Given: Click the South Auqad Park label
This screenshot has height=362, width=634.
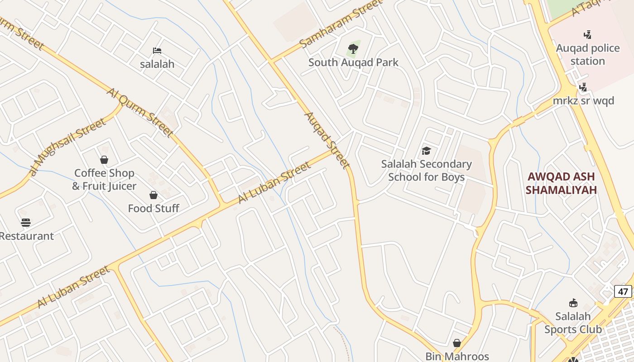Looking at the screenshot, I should coord(353,62).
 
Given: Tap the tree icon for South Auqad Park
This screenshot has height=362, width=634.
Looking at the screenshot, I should coord(353,48).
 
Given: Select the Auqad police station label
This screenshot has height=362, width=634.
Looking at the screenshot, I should coord(588,54).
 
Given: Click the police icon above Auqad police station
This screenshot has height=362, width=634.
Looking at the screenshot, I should coord(587,34).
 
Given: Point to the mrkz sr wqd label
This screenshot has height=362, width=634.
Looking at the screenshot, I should coord(584,100).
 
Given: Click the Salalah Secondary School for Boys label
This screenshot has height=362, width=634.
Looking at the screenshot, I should coord(426,170).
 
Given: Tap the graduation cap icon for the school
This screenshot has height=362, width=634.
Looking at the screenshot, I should coord(426,151).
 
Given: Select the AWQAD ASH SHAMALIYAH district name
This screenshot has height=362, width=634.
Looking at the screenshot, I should coord(561,183).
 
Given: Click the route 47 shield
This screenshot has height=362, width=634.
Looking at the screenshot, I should coord(623,291).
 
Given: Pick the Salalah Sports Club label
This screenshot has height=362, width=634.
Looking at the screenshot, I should coord(573,323).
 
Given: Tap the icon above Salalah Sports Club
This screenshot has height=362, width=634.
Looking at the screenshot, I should coord(573,303).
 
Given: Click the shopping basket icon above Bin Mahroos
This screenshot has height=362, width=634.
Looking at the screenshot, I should coord(457,343).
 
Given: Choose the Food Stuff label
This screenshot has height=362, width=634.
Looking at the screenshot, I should coord(154,209).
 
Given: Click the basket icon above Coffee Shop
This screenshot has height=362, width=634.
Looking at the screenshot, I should coord(104,160).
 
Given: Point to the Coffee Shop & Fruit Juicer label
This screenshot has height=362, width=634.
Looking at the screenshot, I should coord(104,180).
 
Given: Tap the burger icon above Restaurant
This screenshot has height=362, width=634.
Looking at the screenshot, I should coord(26,223).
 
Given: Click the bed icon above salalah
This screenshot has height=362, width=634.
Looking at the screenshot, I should coord(157,51).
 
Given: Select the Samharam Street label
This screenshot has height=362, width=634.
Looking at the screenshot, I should coord(341,24).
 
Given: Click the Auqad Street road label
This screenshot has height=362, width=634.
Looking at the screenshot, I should coord(327,140).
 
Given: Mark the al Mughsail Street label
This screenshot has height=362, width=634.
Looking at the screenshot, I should coord(67,145).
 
